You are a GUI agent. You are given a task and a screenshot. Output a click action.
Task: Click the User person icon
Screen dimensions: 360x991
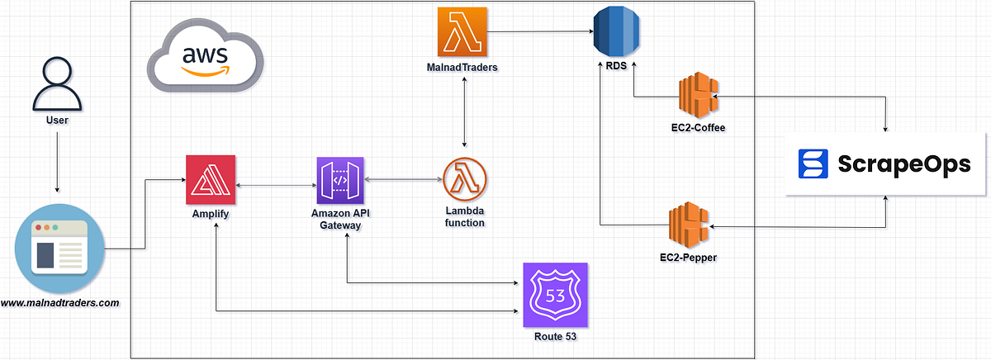pyautogui.click(x=56, y=84)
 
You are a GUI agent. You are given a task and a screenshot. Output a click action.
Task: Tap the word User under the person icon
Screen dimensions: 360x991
pyautogui.click(x=57, y=121)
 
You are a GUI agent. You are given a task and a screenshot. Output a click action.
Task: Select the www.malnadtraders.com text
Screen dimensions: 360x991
pyautogui.click(x=59, y=303)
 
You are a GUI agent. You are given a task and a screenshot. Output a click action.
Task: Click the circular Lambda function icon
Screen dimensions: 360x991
pyautogui.click(x=465, y=179)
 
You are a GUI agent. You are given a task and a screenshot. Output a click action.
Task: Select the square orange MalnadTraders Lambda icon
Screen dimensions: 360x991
pyautogui.click(x=464, y=31)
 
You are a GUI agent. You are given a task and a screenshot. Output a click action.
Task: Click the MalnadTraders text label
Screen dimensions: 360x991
pyautogui.click(x=464, y=68)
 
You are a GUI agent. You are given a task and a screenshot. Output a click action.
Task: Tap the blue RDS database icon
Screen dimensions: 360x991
pyautogui.click(x=617, y=31)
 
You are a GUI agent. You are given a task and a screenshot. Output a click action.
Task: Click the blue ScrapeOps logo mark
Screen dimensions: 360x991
pyautogui.click(x=812, y=163)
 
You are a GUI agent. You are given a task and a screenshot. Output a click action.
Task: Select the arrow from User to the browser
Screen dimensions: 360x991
pyautogui.click(x=57, y=161)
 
